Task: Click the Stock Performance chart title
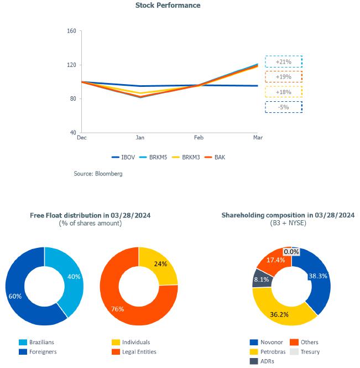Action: click(x=168, y=6)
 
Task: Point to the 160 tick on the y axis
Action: click(x=71, y=31)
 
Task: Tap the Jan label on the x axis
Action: click(x=140, y=137)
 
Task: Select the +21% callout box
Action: click(x=283, y=62)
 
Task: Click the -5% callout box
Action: click(x=283, y=107)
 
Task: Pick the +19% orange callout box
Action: click(x=283, y=77)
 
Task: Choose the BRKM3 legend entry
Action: click(x=188, y=157)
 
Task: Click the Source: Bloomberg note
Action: click(x=98, y=174)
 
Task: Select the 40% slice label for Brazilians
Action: click(x=74, y=277)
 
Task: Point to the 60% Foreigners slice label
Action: click(x=15, y=296)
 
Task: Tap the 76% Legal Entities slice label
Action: click(x=117, y=309)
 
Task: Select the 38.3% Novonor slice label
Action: click(x=319, y=275)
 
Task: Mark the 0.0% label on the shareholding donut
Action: click(x=291, y=252)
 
